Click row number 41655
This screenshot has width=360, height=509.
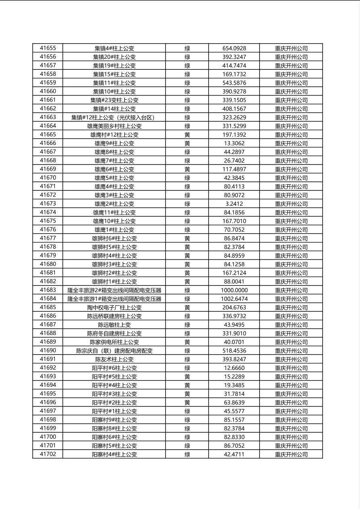[48, 48]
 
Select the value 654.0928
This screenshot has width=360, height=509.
[234, 48]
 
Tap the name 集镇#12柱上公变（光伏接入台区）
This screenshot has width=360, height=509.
[114, 117]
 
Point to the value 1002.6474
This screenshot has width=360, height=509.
[234, 299]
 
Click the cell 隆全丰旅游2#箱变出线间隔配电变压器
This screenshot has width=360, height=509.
[114, 290]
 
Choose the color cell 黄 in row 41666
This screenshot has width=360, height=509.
[187, 144]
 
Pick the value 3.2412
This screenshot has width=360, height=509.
[234, 204]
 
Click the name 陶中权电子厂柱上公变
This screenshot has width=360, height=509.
[114, 308]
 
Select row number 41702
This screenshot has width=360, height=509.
[48, 454]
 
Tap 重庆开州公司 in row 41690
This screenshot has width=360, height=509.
[291, 351]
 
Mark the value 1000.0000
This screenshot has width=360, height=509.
[234, 290]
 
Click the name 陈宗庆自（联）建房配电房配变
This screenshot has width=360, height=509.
[114, 351]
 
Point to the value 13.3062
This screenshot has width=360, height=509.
[234, 144]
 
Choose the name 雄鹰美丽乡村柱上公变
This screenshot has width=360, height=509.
[114, 126]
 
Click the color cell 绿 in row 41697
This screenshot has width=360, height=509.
[187, 411]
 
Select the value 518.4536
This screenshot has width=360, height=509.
[234, 351]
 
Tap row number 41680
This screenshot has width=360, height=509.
[48, 264]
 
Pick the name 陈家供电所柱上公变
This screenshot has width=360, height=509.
[114, 342]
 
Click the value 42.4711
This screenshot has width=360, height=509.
[234, 454]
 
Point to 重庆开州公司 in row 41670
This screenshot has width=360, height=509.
[291, 178]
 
